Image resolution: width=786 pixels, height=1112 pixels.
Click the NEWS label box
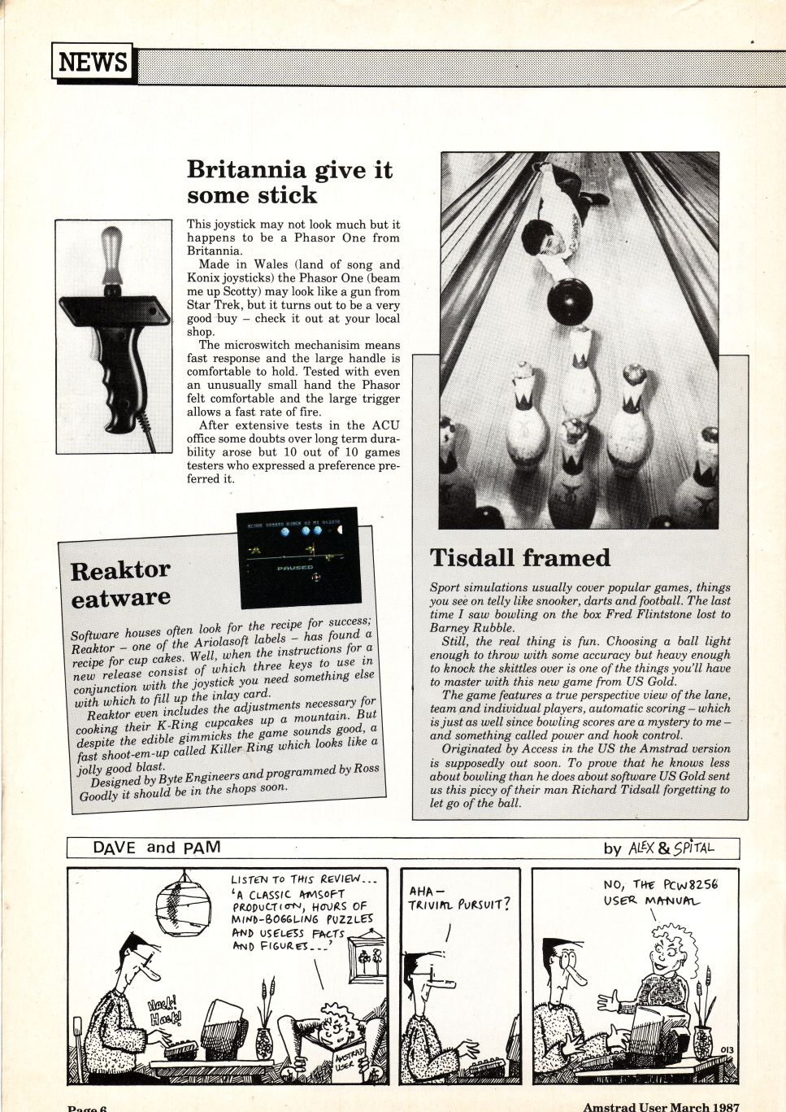93,62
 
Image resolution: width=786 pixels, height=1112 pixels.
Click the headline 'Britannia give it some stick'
289,182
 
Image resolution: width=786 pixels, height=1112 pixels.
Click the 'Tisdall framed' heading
520,558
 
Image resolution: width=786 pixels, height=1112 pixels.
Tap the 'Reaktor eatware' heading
120,583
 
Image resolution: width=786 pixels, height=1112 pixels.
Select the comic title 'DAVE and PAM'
157,848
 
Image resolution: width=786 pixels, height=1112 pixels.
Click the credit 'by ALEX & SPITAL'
658,848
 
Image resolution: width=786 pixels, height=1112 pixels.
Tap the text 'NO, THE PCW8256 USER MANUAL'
661,892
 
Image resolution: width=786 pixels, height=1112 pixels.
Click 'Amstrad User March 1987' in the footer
660,1106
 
